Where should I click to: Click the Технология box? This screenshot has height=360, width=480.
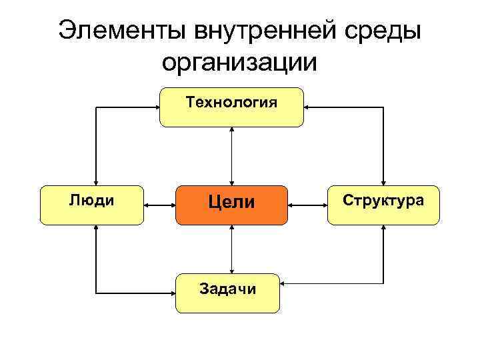231,107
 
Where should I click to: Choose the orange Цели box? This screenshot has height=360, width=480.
231,205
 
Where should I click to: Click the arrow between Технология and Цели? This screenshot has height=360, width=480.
231,156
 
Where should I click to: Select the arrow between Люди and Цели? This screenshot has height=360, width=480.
159,206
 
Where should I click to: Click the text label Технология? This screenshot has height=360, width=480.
231,103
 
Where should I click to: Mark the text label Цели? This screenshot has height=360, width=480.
231,202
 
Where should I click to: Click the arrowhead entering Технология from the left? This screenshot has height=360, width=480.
155,107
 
